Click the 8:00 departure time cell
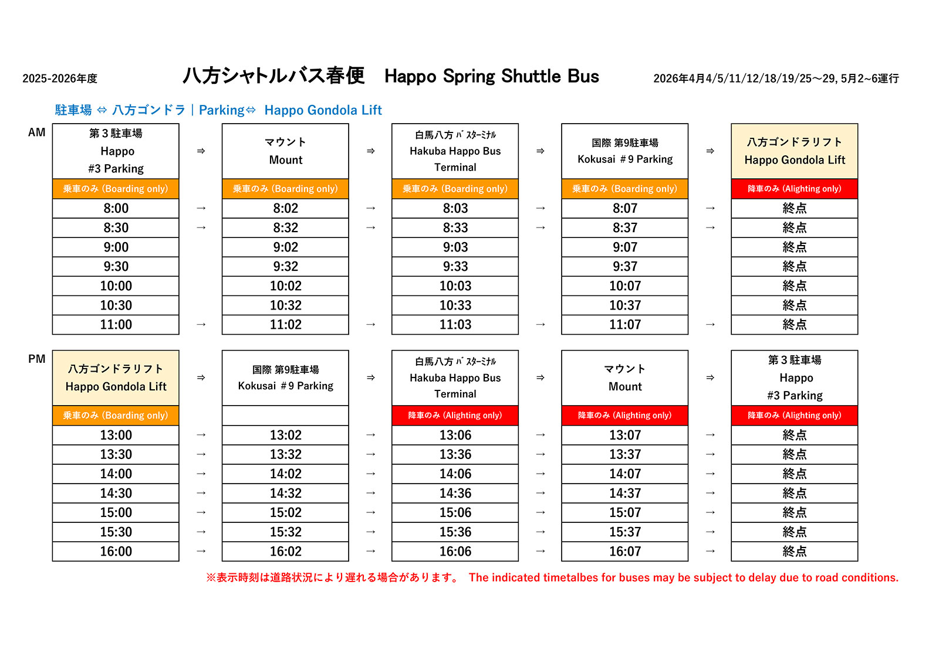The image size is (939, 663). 116,208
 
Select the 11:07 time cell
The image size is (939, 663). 624,325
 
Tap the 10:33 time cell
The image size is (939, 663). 455,305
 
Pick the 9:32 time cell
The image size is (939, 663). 285,267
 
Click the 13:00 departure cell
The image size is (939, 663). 116,435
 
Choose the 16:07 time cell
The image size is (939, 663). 624,552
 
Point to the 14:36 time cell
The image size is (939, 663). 455,494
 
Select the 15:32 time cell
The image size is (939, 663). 285,532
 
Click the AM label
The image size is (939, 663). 36,132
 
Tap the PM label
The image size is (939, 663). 36,359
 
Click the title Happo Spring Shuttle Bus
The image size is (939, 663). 491,76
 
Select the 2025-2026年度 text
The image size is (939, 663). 60,79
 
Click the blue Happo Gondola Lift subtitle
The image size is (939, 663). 323,110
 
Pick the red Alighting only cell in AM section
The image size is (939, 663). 794,189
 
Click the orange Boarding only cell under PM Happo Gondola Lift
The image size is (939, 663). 116,416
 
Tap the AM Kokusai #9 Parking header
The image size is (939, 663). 624,151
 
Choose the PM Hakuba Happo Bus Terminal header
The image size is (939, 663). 455,378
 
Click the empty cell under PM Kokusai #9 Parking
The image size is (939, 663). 285,416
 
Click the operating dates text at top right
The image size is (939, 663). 776,79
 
